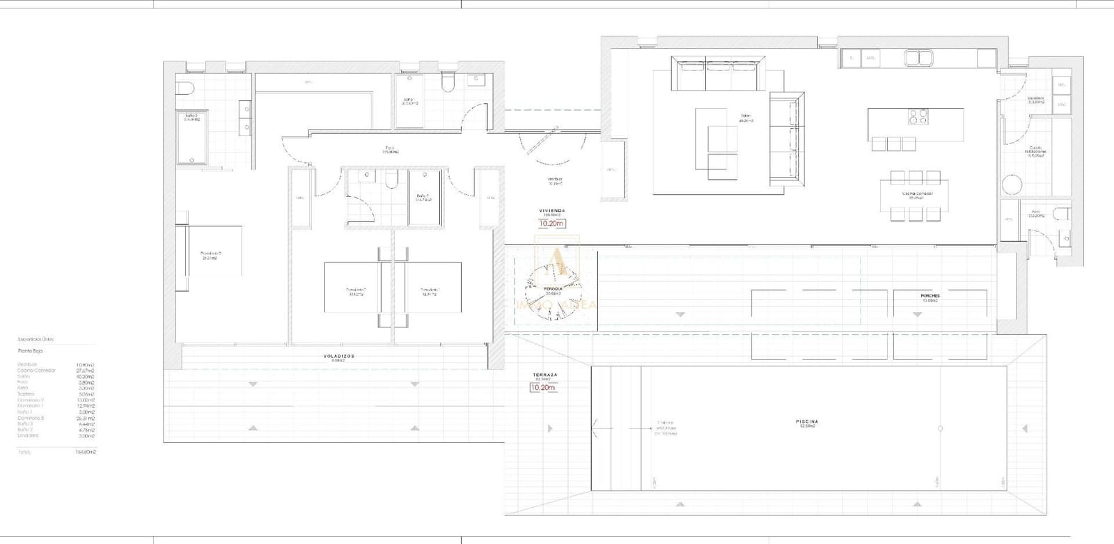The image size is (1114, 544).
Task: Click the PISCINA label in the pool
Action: point(807,421)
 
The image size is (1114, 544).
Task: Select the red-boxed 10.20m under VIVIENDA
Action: point(551,224)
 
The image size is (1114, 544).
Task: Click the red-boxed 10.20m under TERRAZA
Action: point(543,387)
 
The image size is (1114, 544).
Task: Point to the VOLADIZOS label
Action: point(338,356)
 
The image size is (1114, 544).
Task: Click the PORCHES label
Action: point(930,296)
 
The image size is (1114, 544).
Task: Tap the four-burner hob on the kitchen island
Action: point(917,116)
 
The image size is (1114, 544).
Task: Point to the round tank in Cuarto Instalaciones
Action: point(1012,185)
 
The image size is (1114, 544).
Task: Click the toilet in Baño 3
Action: point(184,88)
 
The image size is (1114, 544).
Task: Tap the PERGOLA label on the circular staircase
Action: point(554,288)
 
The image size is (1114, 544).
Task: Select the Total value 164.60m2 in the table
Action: point(86,452)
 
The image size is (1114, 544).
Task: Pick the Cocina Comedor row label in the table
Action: point(36,371)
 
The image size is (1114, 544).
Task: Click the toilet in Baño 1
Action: point(392,181)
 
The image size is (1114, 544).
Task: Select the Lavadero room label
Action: point(1036,98)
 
